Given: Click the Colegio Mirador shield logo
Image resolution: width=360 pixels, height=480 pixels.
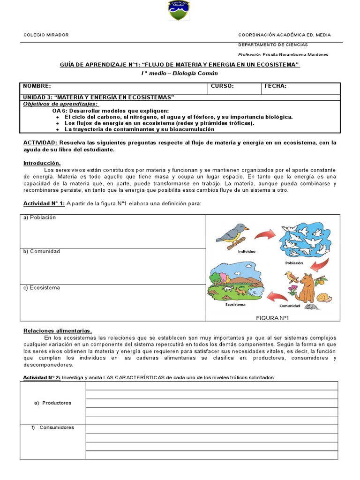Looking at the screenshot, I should click(179, 11).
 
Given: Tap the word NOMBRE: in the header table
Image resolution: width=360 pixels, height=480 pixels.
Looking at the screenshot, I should click(37, 86).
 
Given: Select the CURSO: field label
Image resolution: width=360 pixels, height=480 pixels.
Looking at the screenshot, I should click(222, 86).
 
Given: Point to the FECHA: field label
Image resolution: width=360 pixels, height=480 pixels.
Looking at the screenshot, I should click(276, 86).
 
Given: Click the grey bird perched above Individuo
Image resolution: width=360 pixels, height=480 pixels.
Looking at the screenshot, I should click(232, 232).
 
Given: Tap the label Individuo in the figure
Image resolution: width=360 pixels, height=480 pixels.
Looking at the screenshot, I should click(247, 252).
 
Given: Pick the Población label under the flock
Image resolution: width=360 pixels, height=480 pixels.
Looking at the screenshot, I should click(294, 263).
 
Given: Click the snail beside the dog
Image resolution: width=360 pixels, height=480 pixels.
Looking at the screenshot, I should click(324, 297).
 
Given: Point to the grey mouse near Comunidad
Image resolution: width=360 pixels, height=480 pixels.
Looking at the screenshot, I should click(310, 307).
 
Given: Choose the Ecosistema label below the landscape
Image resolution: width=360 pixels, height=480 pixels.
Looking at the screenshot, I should click(235, 305).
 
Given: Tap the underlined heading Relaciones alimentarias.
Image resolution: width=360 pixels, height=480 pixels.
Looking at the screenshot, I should click(58, 330).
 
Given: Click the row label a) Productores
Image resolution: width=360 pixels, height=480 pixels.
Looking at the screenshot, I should click(53, 403).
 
